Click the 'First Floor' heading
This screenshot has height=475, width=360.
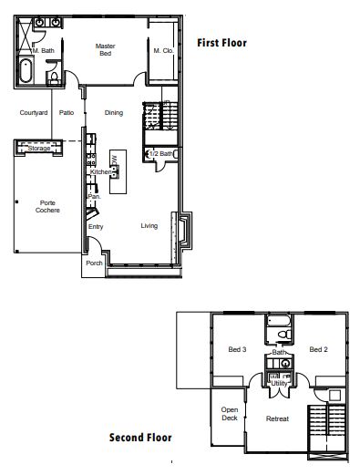(222, 42)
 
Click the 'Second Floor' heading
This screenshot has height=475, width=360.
(140, 438)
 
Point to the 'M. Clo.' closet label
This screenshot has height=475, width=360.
(163, 50)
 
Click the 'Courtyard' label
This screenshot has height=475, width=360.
(34, 113)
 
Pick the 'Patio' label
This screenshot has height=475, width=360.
(67, 113)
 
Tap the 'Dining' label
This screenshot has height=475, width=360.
(114, 113)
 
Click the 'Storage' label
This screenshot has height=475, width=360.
(38, 149)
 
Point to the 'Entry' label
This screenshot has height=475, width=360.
(96, 227)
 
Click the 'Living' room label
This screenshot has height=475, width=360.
(149, 226)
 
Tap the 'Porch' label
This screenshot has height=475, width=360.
(93, 263)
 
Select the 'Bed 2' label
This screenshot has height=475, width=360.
(318, 349)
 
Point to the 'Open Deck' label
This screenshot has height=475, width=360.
(230, 415)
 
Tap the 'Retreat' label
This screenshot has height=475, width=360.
(277, 418)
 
